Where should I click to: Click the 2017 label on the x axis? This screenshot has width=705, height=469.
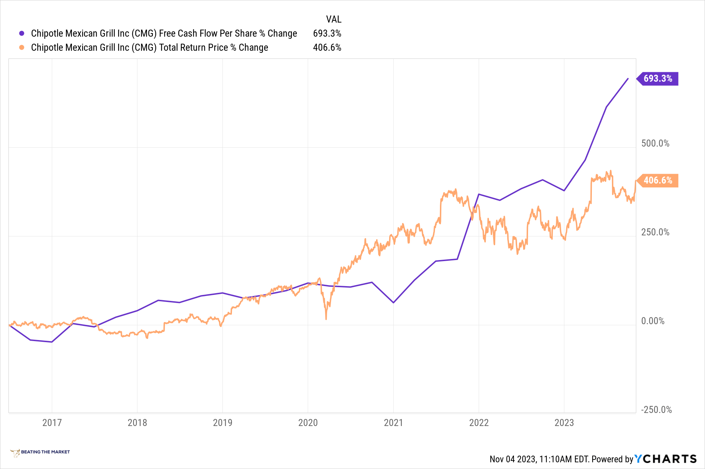[x=52, y=422]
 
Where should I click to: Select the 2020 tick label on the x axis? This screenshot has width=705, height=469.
[x=308, y=422]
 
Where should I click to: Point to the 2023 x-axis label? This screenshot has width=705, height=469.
[x=564, y=422]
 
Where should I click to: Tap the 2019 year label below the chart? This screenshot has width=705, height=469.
[x=222, y=422]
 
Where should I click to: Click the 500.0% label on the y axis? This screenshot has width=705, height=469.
[x=655, y=143]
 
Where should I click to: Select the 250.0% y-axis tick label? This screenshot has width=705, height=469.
[x=655, y=232]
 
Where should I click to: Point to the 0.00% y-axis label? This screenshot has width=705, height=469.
[x=652, y=321]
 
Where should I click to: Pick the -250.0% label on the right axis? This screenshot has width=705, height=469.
[x=656, y=410]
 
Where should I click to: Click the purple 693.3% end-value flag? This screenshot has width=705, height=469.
[x=657, y=79]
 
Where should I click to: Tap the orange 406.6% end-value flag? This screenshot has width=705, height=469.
[x=657, y=180]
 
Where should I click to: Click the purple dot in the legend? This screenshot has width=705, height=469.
[x=22, y=33]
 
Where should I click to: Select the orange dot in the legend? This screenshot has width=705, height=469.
[x=22, y=48]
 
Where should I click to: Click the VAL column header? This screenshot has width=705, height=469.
[x=333, y=19]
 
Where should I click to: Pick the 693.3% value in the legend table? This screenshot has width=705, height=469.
[x=327, y=33]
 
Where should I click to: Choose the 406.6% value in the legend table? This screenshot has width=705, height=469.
[x=327, y=48]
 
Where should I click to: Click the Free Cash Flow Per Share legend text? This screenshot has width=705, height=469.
[x=164, y=33]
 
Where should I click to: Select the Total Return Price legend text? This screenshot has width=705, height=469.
[x=149, y=48]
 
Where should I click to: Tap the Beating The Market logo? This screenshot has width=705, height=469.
[x=40, y=452]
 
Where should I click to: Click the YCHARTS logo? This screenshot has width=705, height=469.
[x=665, y=459]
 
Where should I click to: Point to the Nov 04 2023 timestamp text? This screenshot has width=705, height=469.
[x=539, y=459]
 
